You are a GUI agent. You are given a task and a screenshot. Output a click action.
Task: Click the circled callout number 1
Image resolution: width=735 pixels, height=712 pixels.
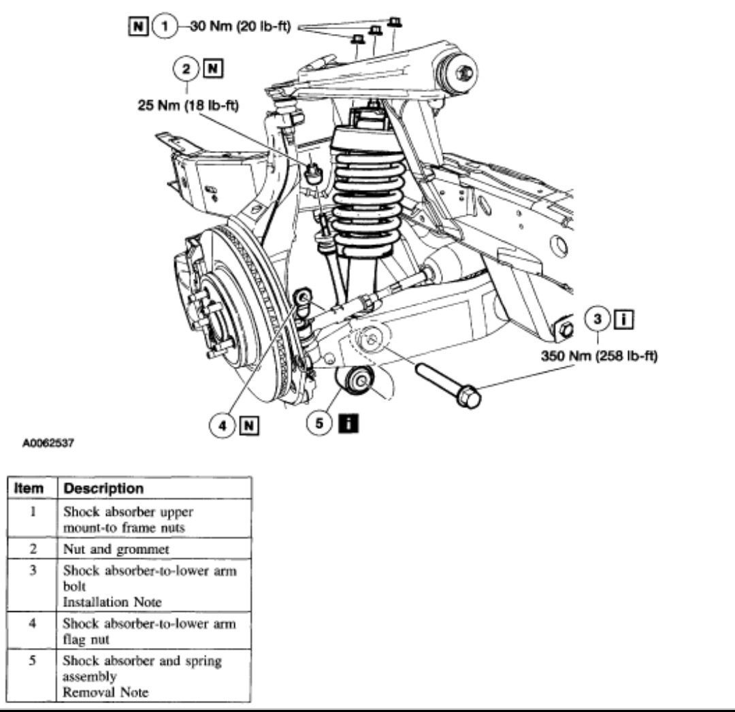163,28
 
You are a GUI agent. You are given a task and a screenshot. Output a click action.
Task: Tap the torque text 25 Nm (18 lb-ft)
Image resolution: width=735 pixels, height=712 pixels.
189,106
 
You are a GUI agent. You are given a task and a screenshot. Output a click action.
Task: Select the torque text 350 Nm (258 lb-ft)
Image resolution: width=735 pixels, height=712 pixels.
599,355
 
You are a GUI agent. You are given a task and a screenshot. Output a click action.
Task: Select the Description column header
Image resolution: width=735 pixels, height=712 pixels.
103,489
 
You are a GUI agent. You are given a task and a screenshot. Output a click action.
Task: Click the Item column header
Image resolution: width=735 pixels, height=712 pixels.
32,489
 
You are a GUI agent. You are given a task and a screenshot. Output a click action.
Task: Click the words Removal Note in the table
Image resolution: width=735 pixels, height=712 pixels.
105,693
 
